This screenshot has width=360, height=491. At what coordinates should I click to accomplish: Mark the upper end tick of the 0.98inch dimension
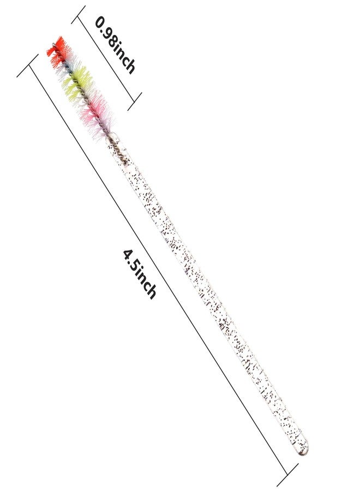click(x=78, y=14)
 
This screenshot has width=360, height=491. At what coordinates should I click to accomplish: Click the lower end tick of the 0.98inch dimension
click(x=135, y=101)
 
